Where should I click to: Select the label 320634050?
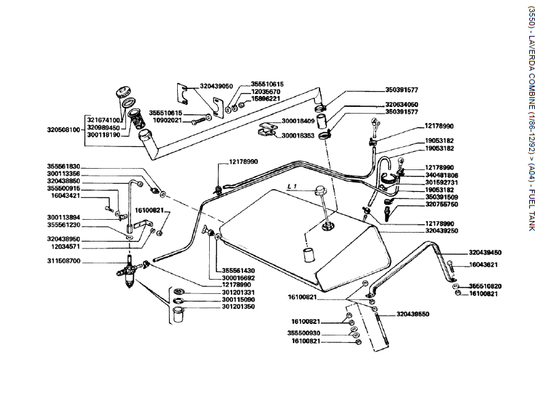coord(402,105)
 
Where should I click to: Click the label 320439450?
coord(485,252)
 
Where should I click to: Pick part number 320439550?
coord(413,315)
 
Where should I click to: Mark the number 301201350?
coord(238,307)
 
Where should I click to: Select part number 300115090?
coord(238,299)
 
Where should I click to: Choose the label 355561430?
coord(238,270)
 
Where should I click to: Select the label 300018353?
coord(298,135)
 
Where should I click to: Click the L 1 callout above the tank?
coord(293,186)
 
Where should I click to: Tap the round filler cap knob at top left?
coord(125,93)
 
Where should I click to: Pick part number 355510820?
coord(485,286)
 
